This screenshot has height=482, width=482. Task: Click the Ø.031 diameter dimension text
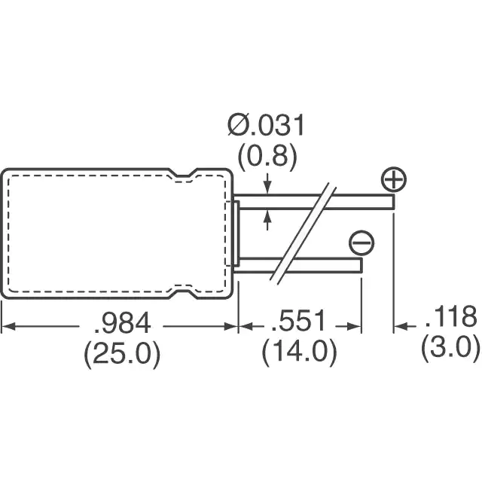(266, 125)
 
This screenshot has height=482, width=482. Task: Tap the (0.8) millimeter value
(267, 157)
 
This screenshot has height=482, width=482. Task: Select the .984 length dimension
(123, 323)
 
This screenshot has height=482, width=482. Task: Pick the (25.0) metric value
(122, 353)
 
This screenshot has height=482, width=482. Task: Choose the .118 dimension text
(451, 316)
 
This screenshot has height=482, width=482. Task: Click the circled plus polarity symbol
(394, 179)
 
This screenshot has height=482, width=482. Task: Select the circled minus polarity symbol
(361, 243)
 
